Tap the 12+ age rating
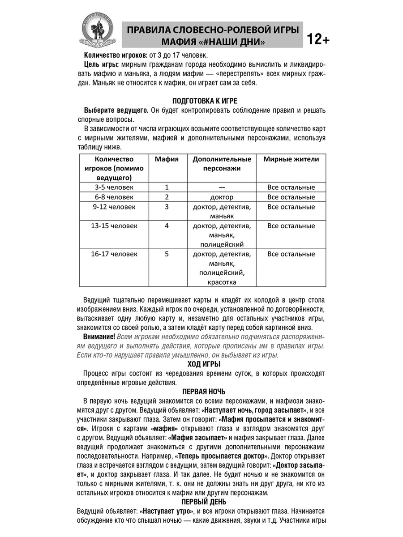[x=318, y=39]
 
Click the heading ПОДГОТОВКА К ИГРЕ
[x=205, y=101]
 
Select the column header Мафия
[x=167, y=159]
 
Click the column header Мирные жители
[x=291, y=159]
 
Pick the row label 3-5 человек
[x=114, y=187]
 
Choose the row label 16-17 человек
[x=114, y=254]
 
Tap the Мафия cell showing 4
[x=167, y=226]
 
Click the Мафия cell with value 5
[x=167, y=254]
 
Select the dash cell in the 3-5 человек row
[x=222, y=187]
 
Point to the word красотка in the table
[x=222, y=282]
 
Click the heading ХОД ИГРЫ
[x=205, y=364]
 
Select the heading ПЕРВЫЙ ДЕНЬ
[x=204, y=502]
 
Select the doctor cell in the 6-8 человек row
[x=222, y=197]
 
